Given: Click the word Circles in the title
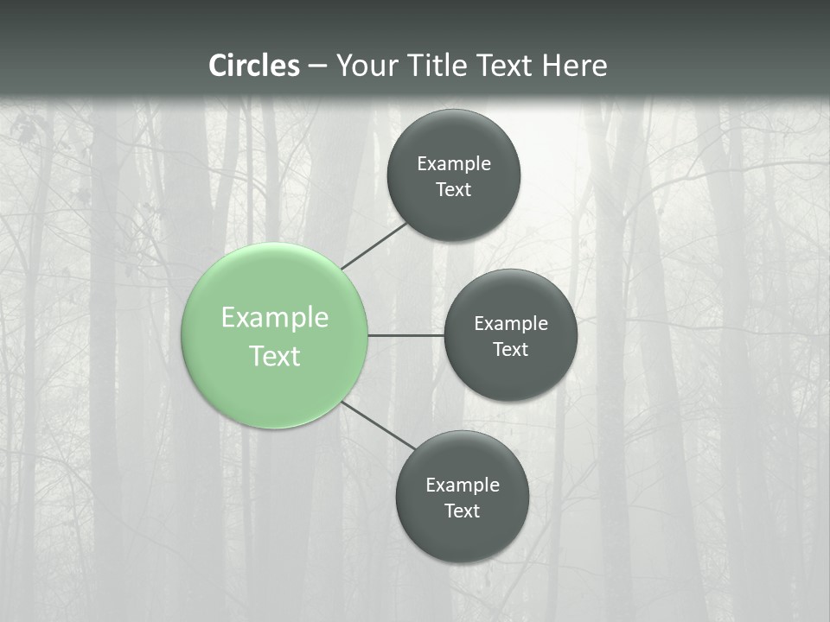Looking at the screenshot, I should (254, 66).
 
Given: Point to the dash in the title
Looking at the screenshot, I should (317, 67).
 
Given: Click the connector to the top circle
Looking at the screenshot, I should (374, 245).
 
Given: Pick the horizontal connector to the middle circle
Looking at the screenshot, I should (405, 335).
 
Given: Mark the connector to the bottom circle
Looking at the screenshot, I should (379, 425).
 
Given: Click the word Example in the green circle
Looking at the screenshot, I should (275, 318).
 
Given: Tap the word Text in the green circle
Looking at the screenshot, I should (275, 356).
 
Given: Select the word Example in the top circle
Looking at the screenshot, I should (454, 163).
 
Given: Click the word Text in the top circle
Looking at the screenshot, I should (454, 189).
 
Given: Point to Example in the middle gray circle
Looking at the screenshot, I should (511, 323).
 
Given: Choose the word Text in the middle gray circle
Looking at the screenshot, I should (511, 349).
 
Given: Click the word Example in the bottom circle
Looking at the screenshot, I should (463, 485).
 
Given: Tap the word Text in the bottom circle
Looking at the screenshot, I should (463, 511).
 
